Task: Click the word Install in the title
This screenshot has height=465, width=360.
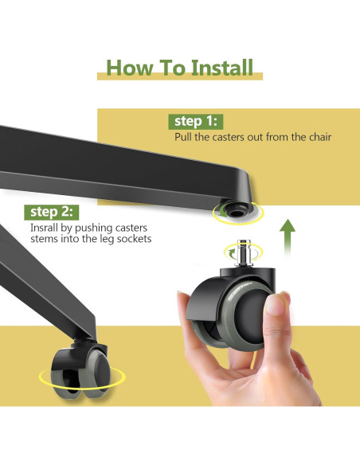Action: pyautogui.click(x=222, y=68)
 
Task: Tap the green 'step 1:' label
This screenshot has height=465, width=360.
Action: pyautogui.click(x=196, y=122)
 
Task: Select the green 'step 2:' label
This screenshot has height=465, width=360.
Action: pyautogui.click(x=52, y=212)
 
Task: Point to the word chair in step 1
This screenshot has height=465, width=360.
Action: pyautogui.click(x=320, y=137)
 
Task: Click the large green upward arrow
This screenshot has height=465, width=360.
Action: pyautogui.click(x=288, y=237)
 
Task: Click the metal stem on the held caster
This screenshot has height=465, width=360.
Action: pyautogui.click(x=243, y=253)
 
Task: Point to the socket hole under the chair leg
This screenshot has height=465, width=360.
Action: pyautogui.click(x=236, y=213)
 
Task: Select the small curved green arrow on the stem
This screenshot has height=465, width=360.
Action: pyautogui.click(x=231, y=252)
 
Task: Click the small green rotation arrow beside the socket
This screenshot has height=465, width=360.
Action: pyautogui.click(x=223, y=211)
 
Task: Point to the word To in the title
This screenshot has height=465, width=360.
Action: pyautogui.click(x=172, y=68)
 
